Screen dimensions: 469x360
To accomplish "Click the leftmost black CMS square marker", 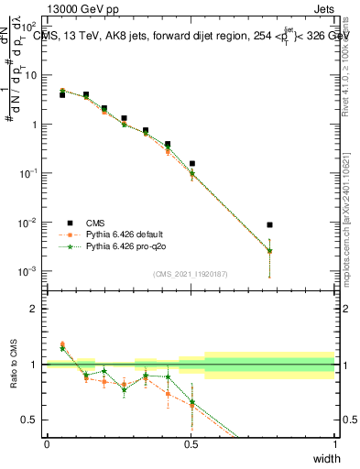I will [x=62, y=94].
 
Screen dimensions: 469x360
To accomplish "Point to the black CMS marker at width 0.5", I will [x=191, y=163].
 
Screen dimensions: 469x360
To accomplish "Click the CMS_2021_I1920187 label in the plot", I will [x=191, y=274].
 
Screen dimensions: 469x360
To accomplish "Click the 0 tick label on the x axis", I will [x=48, y=444].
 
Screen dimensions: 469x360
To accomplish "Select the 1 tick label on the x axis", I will [x=334, y=444].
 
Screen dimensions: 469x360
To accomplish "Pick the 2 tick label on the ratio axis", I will [x=35, y=309].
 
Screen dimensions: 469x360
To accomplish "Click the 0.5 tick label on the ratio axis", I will [x=31, y=420].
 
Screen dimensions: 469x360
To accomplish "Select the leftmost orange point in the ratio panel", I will [x=62, y=344].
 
